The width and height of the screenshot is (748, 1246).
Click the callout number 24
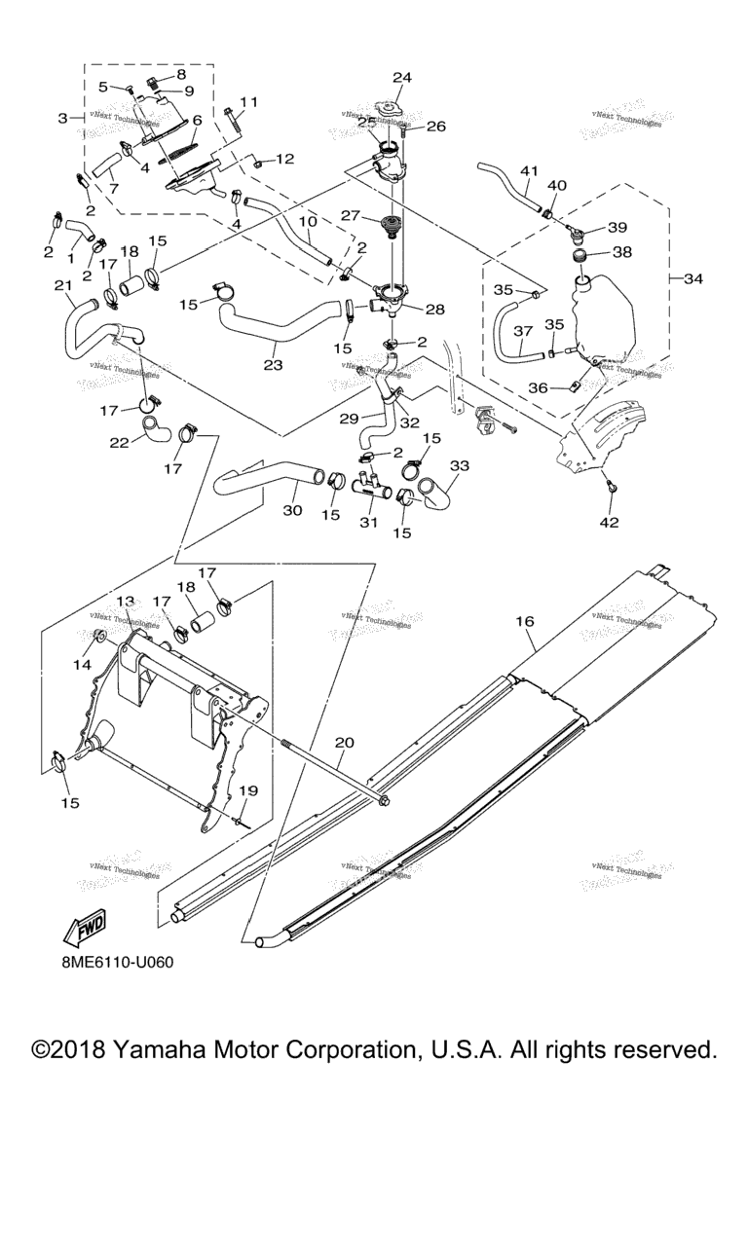pos(402,77)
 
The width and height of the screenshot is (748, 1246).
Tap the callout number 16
pos(526,620)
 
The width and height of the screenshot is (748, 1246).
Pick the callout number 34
pos(693,279)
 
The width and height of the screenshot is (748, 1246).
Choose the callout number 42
pos(609,523)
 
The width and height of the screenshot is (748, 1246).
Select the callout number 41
pos(528,171)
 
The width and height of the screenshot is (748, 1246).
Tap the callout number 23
pos(273,366)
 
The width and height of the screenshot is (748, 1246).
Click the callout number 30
pos(292,510)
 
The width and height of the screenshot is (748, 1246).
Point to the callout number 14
pos(80,665)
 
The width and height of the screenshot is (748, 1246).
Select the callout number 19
pos(249,791)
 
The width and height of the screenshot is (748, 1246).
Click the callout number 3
pos(64,118)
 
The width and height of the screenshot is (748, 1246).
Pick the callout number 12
pos(283,159)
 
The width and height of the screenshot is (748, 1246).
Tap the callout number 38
pos(621,251)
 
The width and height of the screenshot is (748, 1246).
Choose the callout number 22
pos(118,443)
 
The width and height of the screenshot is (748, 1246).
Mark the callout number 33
pos(459,465)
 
